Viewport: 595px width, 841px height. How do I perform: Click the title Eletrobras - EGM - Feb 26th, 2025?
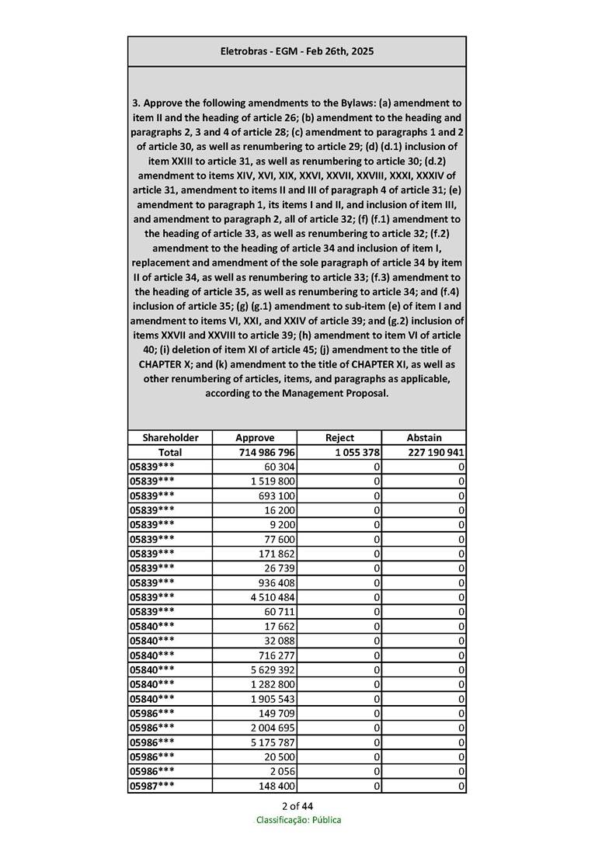(297, 51)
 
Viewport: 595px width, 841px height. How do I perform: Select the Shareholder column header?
(170, 437)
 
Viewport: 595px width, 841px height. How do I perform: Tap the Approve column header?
(255, 437)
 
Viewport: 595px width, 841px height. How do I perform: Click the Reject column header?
(339, 437)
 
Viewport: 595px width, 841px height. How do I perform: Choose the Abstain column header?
(424, 437)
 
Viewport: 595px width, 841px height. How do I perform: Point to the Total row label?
(170, 452)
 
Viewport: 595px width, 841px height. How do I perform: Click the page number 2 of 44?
(297, 805)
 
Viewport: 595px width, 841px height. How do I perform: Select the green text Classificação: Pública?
(298, 820)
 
